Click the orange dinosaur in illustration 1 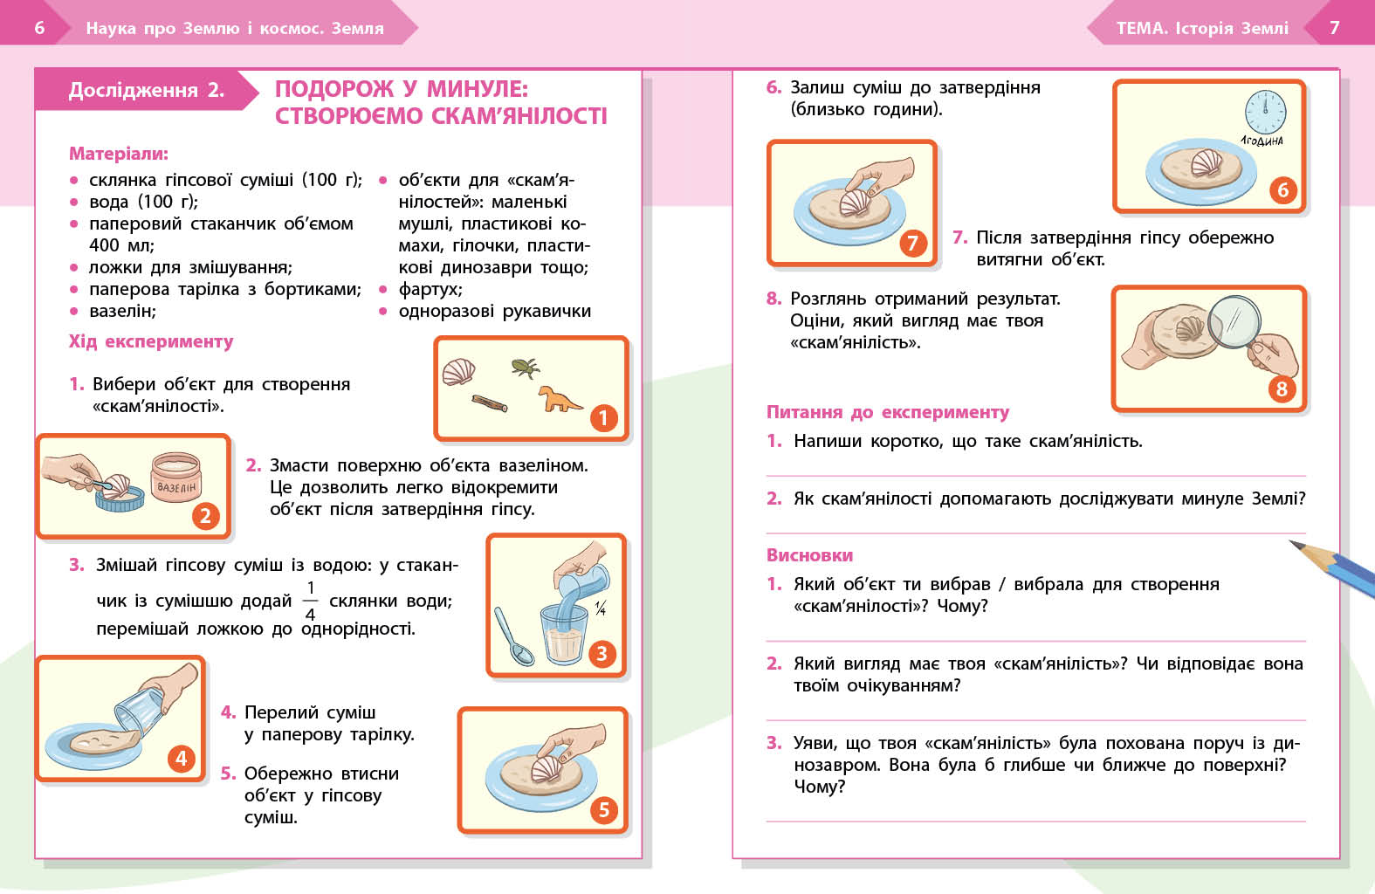559,399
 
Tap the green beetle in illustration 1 525,367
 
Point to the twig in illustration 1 490,402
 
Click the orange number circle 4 181,758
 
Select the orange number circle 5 603,809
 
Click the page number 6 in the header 39,28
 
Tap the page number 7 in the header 1334,28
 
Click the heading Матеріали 119,154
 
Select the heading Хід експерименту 151,341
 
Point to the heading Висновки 809,555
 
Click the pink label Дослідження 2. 146,90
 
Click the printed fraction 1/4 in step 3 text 310,601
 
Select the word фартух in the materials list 430,289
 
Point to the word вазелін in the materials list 122,311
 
